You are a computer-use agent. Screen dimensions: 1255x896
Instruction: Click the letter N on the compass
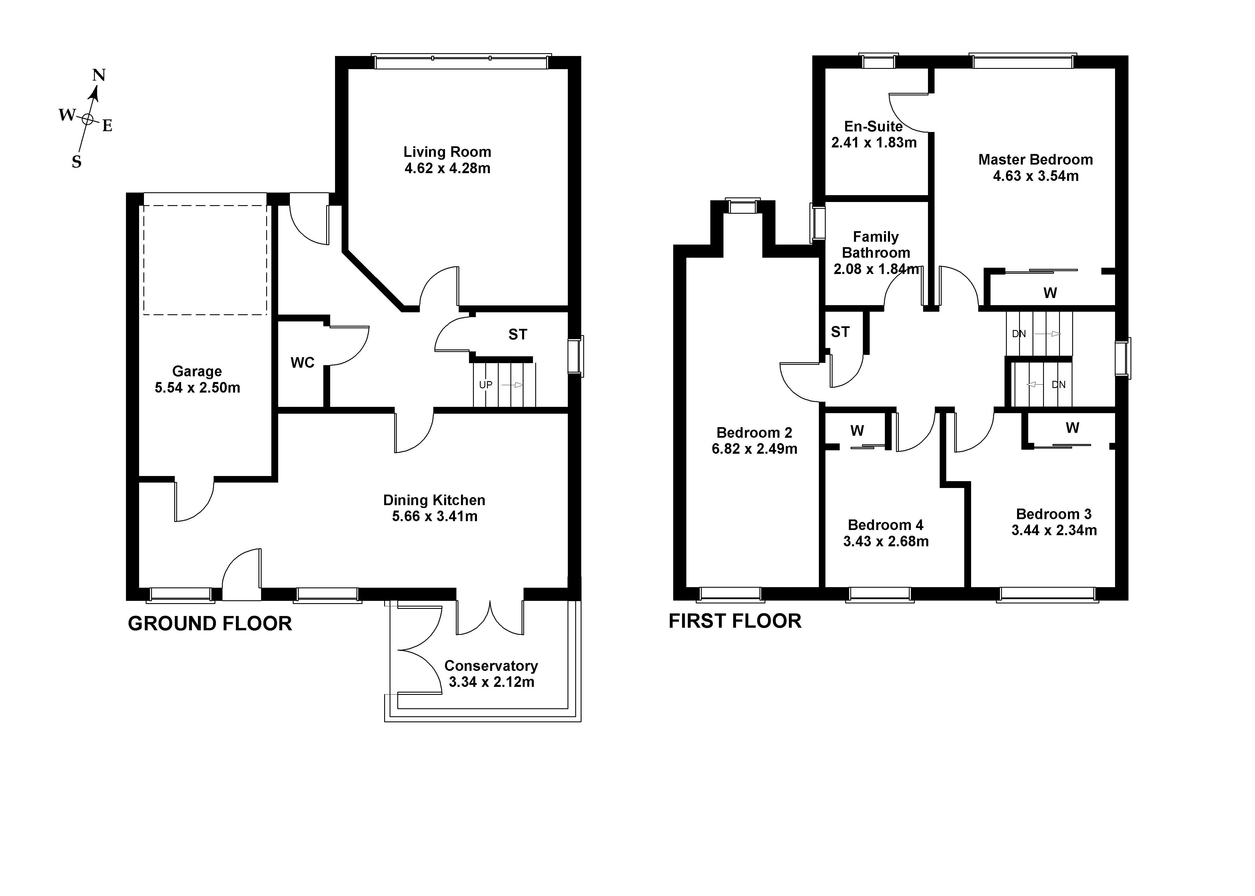(99, 75)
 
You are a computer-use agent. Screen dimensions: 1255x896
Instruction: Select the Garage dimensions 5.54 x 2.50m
(197, 388)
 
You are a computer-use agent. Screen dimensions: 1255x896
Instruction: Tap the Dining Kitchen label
(434, 500)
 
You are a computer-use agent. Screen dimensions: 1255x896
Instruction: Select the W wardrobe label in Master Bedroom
(1050, 293)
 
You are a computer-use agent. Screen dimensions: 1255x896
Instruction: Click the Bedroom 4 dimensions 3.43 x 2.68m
(886, 541)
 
